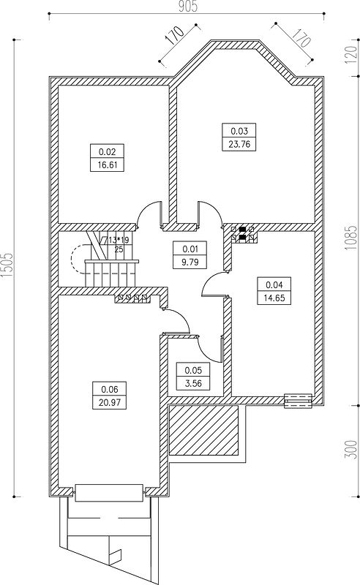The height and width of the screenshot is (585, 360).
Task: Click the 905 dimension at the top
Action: click(187, 7)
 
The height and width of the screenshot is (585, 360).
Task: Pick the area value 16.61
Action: click(107, 165)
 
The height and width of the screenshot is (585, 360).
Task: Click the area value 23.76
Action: click(239, 144)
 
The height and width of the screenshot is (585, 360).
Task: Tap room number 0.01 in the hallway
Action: click(190, 249)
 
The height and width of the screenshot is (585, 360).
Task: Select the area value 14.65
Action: click(274, 298)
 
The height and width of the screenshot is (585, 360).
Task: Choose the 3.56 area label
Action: click(193, 382)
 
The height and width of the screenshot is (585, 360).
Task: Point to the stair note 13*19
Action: click(119, 241)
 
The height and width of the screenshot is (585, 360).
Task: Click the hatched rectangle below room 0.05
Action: click(203, 430)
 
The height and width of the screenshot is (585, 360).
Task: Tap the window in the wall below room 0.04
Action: click(298, 400)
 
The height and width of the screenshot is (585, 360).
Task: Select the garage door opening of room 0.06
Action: click(109, 492)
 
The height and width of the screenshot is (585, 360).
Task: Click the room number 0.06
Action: click(110, 390)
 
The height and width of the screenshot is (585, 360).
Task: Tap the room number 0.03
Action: click(239, 131)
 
